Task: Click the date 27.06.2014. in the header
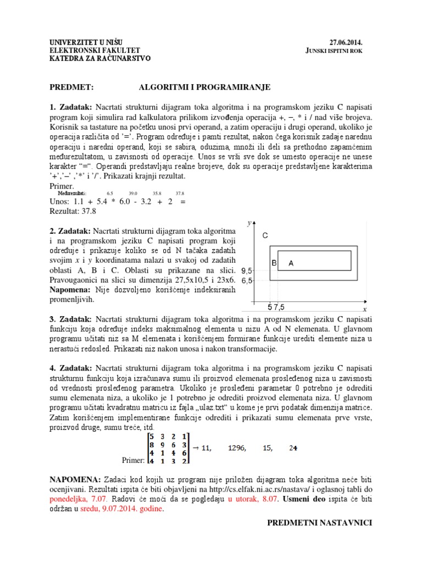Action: click(x=346, y=42)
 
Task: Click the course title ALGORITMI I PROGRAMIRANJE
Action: click(x=204, y=87)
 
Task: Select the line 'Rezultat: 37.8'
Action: click(x=73, y=211)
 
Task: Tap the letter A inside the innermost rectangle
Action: click(x=291, y=264)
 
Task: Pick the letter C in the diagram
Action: click(x=265, y=235)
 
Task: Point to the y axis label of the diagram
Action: click(x=249, y=223)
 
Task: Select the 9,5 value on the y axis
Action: click(x=247, y=271)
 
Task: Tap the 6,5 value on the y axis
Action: click(x=247, y=280)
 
